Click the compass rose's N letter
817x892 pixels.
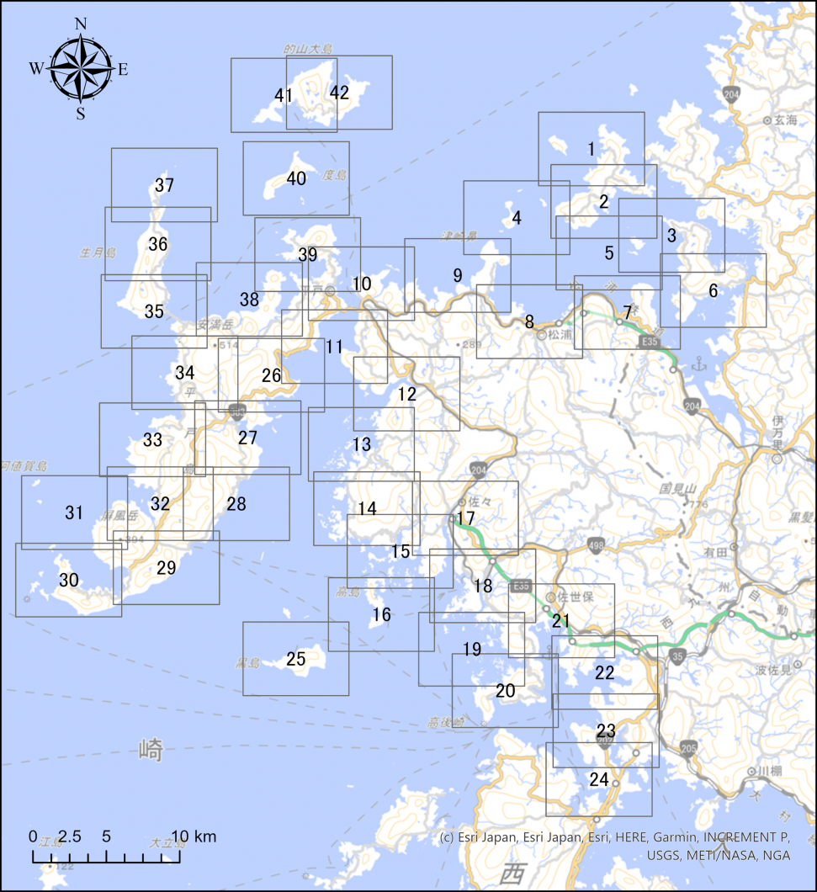pos(82,24)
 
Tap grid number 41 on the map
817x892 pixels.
pos(284,95)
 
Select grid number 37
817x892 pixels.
pos(164,185)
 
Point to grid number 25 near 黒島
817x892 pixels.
pos(295,659)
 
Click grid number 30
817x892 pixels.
pos(68,580)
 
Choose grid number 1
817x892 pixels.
pos(592,149)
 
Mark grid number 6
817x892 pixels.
pos(714,291)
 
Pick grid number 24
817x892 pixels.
pos(598,780)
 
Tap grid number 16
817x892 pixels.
pos(381,615)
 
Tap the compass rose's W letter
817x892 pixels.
pos(36,69)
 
